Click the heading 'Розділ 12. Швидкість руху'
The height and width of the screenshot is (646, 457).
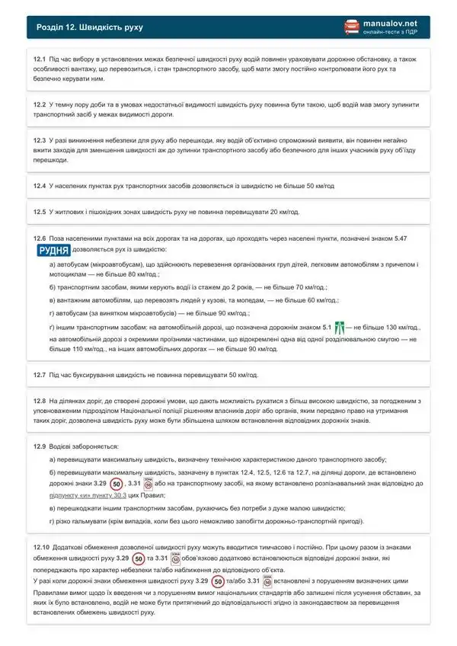[89, 27]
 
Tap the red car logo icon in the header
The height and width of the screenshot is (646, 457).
[351, 27]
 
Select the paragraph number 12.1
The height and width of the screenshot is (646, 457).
[40, 58]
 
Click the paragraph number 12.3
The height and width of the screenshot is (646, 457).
[40, 141]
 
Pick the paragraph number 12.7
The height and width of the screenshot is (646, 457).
[40, 376]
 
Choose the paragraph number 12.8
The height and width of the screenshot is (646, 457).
[40, 400]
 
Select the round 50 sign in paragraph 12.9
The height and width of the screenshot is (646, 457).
[115, 484]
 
